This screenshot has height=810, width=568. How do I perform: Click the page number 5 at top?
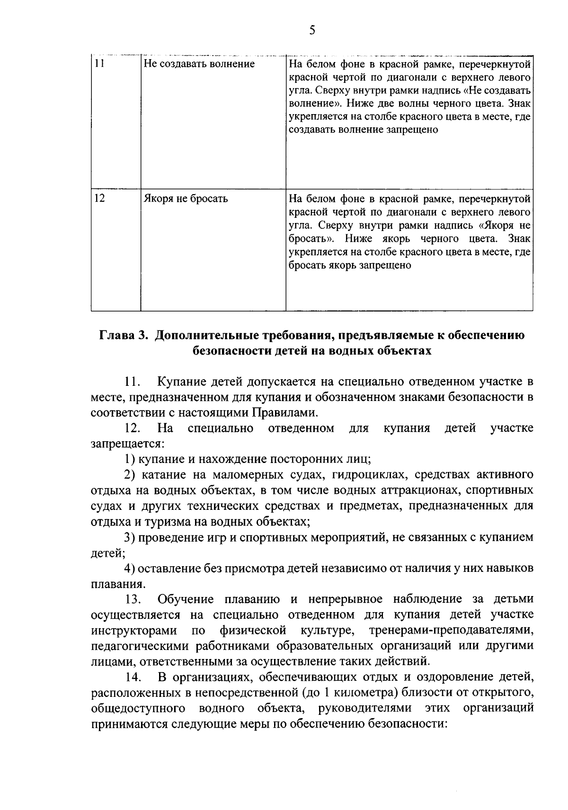coord(311,31)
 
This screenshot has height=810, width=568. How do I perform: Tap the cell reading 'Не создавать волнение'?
coord(199,64)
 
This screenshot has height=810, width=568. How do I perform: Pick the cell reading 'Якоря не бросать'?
coord(186,198)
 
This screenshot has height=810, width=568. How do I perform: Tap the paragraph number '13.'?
coord(133,599)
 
